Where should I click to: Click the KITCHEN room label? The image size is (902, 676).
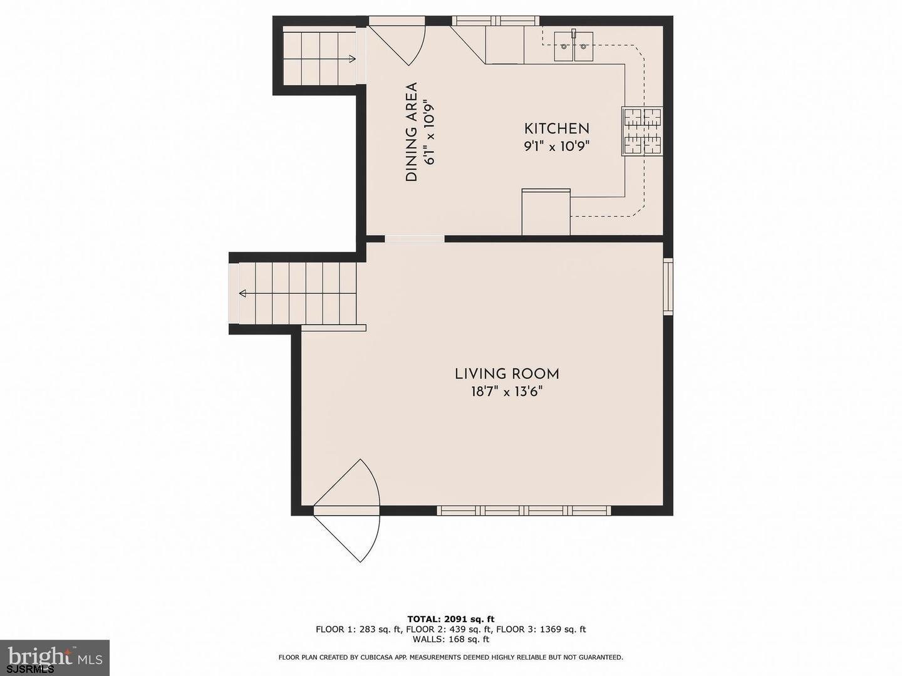556,128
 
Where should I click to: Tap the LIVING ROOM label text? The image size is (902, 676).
507,375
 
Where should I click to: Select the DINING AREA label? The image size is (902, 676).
412,132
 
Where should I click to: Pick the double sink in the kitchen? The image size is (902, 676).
573,46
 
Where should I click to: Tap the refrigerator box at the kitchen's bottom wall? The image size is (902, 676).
546,212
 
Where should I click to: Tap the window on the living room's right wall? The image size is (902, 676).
668,286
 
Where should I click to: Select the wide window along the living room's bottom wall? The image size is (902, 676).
524,511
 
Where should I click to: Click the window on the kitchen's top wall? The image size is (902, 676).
495,21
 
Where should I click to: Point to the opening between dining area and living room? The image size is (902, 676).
415,239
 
